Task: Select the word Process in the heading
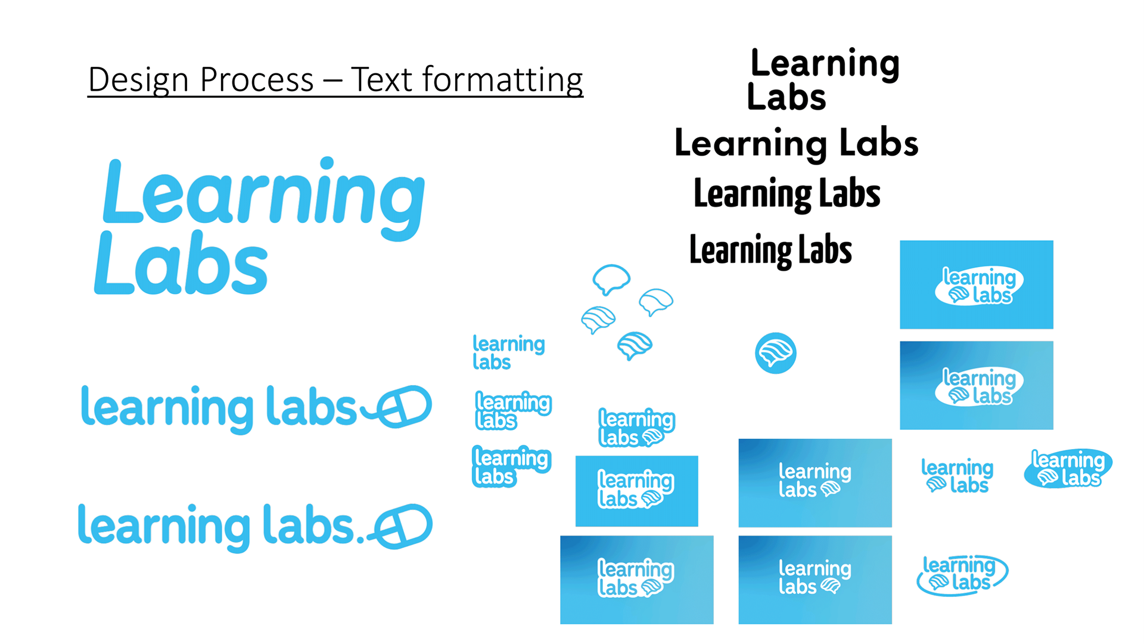pos(257,80)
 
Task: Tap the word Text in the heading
pos(381,80)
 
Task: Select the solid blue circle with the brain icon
pos(775,353)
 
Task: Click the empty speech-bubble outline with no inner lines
pos(611,278)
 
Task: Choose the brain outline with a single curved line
pos(655,301)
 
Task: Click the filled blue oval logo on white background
pos(1068,469)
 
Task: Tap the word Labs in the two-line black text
pos(786,98)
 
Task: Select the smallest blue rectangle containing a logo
pos(636,491)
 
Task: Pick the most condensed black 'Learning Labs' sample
pos(770,250)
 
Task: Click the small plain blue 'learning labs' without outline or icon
pos(508,352)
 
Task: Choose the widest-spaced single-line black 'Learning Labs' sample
pos(796,144)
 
